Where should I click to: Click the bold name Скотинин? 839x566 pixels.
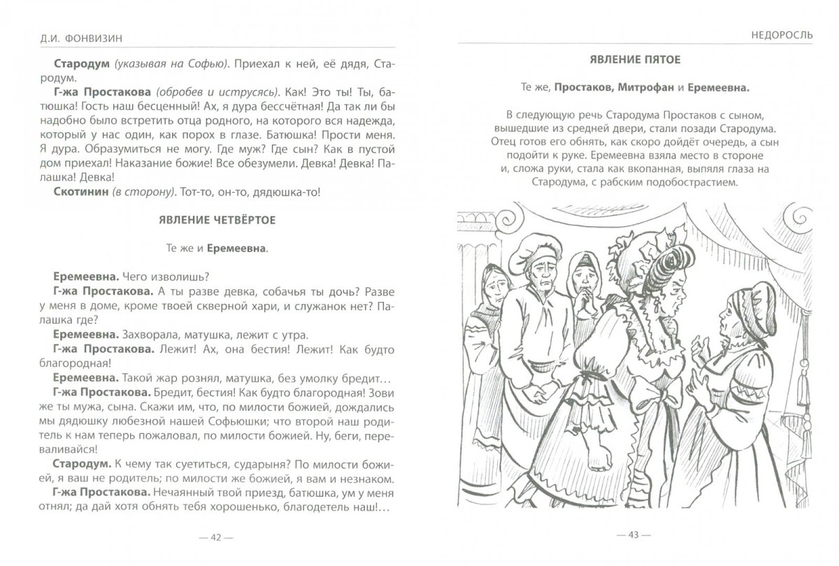pyautogui.click(x=79, y=191)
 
